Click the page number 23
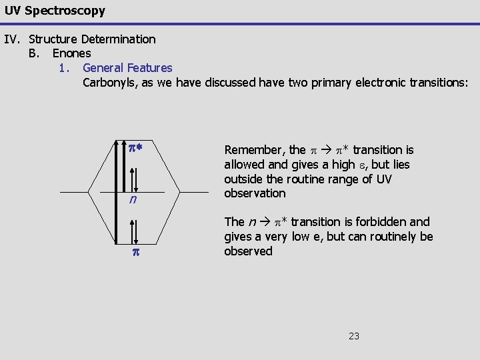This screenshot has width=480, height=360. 353,336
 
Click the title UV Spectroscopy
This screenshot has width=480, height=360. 54,11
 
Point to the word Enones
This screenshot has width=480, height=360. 72,53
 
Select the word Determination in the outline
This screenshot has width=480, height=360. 119,39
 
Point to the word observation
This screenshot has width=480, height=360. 255,193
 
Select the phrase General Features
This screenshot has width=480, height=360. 127,68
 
